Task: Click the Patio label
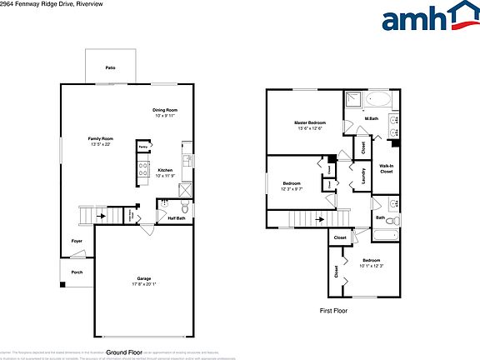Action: [x=109, y=66]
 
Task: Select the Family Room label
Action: [x=101, y=137]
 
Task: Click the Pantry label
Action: [x=142, y=146]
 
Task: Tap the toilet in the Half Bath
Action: [x=184, y=207]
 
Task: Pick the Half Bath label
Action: [x=177, y=218]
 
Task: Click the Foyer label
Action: [x=77, y=241]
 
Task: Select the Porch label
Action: [x=77, y=272]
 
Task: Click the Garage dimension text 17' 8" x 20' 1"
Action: [x=143, y=283]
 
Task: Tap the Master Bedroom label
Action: [x=310, y=122]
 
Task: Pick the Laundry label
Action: [x=364, y=176]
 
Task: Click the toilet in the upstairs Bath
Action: [x=393, y=222]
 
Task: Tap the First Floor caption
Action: [x=333, y=310]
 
